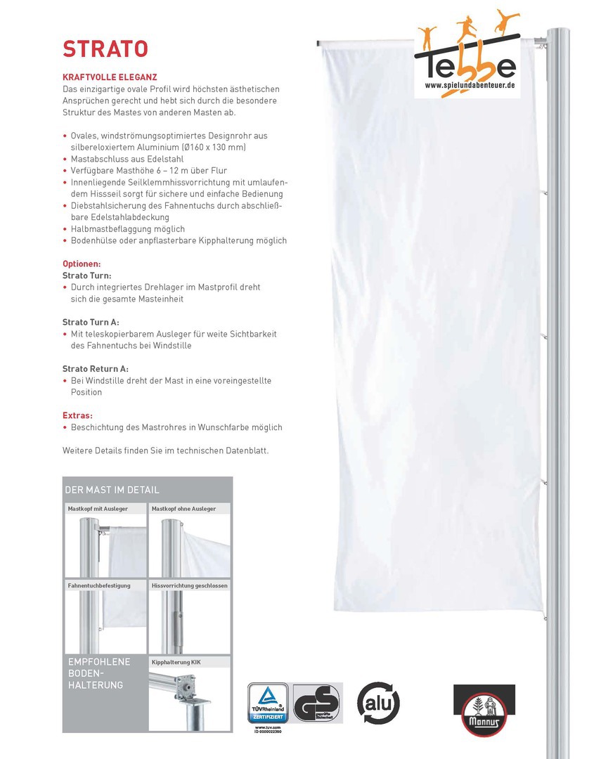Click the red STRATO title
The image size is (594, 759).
(105, 48)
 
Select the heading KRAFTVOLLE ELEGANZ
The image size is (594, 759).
(110, 77)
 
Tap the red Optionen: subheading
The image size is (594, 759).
(82, 264)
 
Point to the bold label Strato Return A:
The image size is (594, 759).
(96, 369)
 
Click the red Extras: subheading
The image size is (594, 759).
(77, 415)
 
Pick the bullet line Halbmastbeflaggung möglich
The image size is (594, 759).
(128, 229)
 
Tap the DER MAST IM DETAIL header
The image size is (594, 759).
(112, 490)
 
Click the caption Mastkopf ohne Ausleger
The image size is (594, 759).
(184, 508)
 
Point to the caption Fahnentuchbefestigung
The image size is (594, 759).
(99, 585)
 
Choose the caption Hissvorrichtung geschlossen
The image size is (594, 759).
(189, 585)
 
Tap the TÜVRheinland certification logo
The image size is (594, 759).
(268, 704)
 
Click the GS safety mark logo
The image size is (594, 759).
(317, 703)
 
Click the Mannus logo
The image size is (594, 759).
(484, 711)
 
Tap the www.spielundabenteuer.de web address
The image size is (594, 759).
(470, 85)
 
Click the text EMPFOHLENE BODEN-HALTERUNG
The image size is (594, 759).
(98, 673)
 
